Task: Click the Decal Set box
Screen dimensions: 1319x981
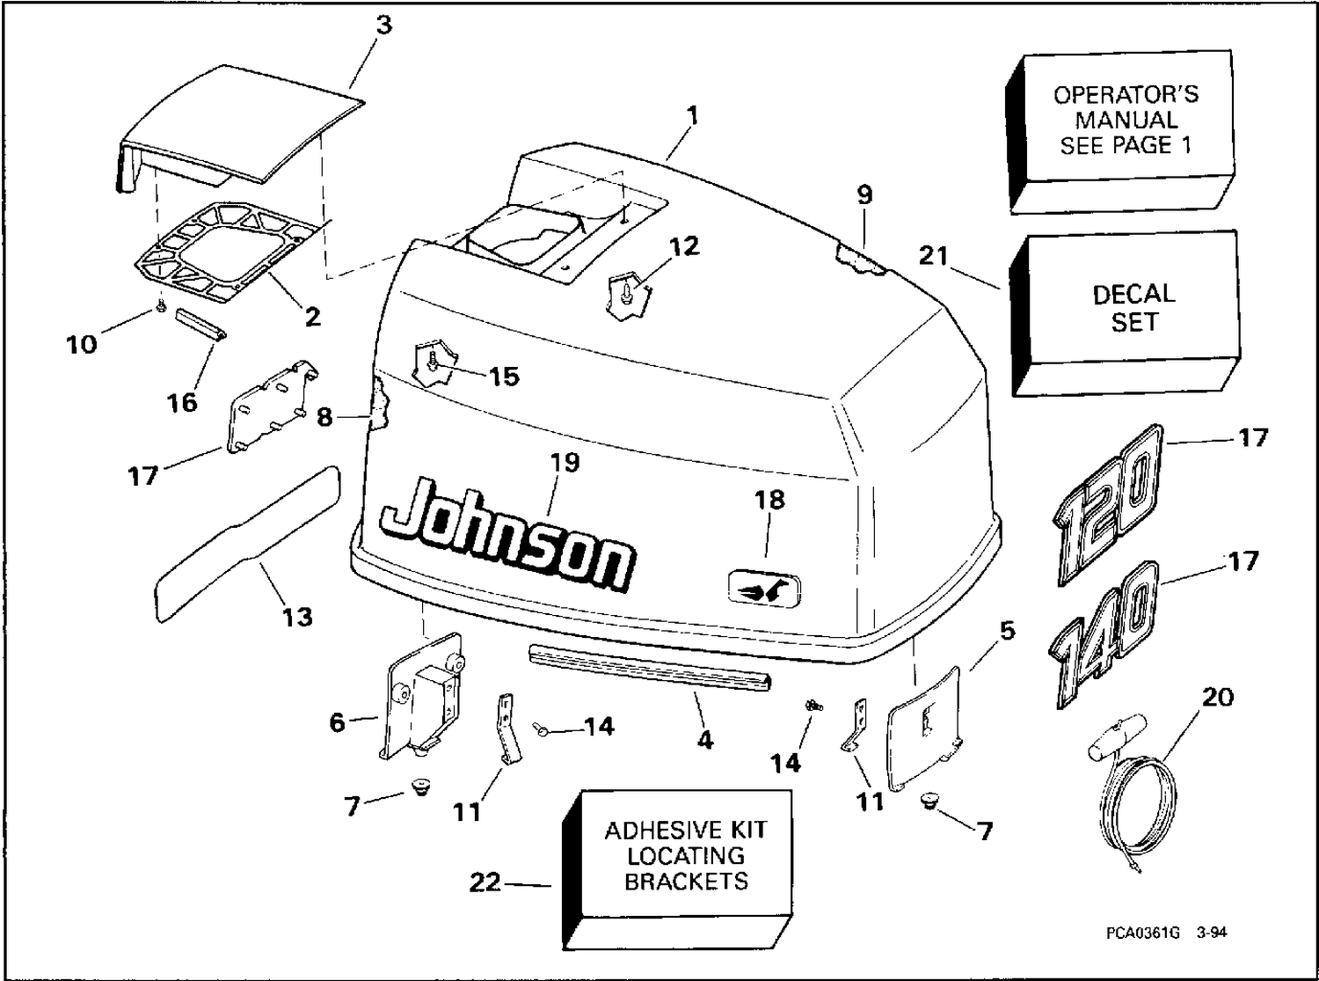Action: [x=1126, y=313]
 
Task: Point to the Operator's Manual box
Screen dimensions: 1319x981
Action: [x=1120, y=131]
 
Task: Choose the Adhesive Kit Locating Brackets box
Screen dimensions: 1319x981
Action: [x=678, y=870]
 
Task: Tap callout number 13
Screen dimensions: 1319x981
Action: [x=296, y=617]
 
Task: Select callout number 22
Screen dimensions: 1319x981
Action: [x=485, y=882]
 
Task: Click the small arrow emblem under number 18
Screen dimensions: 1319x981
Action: [x=764, y=590]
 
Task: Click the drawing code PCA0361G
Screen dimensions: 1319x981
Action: [x=1142, y=933]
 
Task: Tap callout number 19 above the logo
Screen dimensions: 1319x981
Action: [x=565, y=462]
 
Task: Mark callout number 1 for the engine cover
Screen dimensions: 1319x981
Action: [x=692, y=115]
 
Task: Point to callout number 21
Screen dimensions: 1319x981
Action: [x=933, y=256]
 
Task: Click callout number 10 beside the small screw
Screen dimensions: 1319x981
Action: [x=82, y=344]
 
